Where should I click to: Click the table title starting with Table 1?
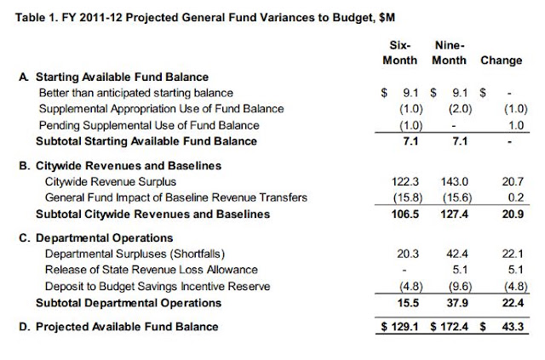(205, 17)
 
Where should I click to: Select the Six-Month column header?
(399, 53)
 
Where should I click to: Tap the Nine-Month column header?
(449, 53)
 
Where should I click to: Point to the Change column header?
(502, 60)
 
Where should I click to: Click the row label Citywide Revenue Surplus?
(111, 182)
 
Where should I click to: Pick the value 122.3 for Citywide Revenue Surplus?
(405, 182)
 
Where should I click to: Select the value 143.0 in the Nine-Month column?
(455, 182)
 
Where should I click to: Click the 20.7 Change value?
(513, 182)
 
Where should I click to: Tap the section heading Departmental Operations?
(104, 238)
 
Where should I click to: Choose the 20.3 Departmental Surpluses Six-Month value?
(408, 254)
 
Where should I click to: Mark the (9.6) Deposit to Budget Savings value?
(460, 287)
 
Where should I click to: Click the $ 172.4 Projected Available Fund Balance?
(449, 327)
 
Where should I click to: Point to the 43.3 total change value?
(513, 327)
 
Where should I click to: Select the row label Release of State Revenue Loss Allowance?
(152, 270)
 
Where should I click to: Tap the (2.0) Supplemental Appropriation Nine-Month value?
(460, 109)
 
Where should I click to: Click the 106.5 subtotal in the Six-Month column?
(405, 214)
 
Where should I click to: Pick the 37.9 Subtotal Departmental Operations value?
(457, 303)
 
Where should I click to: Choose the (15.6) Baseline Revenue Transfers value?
(457, 197)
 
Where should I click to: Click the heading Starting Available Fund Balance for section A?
(122, 77)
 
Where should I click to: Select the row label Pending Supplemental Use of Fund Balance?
(149, 125)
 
